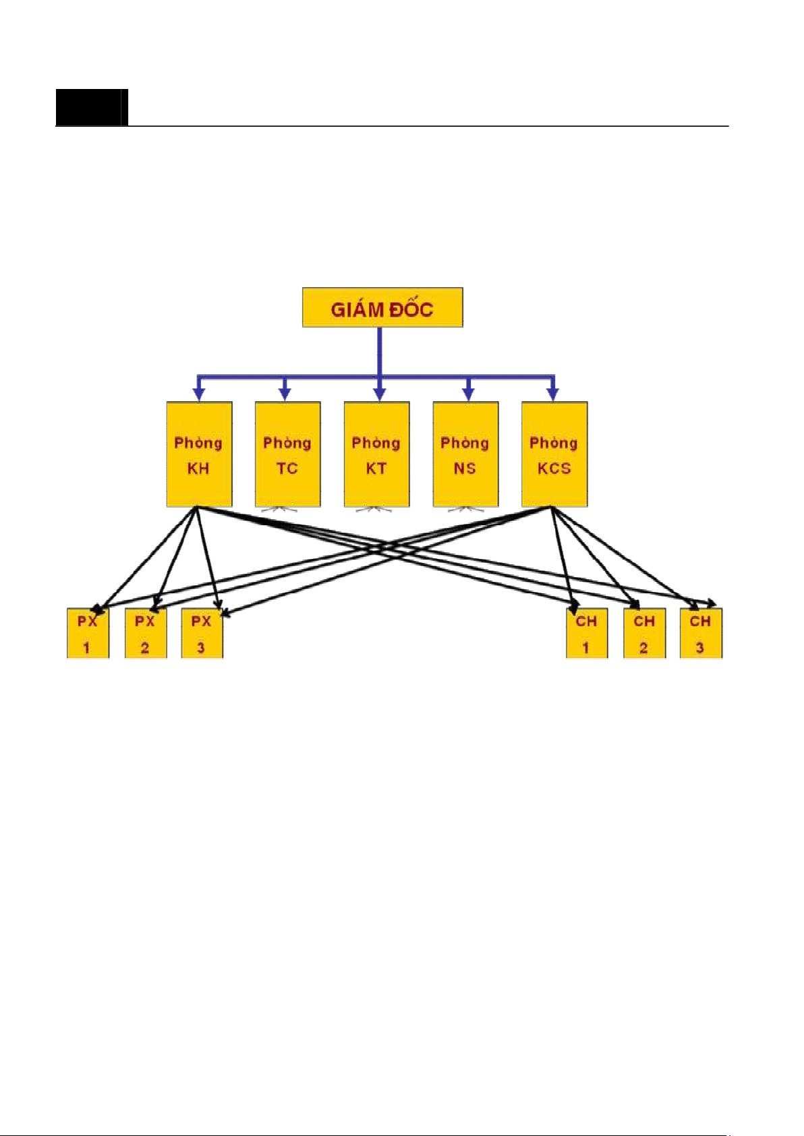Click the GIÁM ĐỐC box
(x=382, y=308)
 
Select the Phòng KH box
(x=199, y=454)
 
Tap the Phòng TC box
(x=287, y=454)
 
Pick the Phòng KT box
(x=376, y=454)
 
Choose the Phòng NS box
(x=465, y=454)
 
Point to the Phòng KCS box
(x=554, y=454)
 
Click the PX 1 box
(x=88, y=634)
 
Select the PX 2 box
(x=146, y=634)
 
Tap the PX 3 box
(x=202, y=634)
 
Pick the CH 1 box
(x=587, y=634)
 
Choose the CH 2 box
(x=644, y=634)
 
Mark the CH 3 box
(x=701, y=634)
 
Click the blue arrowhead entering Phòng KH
(x=198, y=394)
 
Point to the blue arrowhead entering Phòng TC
(x=285, y=394)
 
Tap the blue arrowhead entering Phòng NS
(x=468, y=394)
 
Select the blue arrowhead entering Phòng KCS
(x=552, y=394)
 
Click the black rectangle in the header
(x=91, y=107)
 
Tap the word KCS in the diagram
(x=554, y=469)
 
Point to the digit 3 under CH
(x=700, y=648)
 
